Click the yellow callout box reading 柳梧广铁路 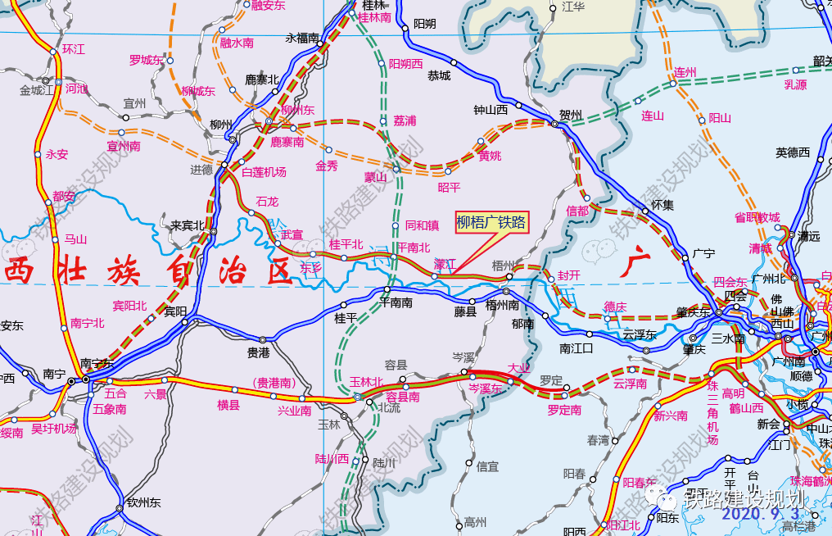491,222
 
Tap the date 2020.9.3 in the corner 761,514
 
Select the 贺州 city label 570,115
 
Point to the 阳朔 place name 424,23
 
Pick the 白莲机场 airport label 264,172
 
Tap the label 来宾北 187,225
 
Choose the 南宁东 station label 98,363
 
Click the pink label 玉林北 366,382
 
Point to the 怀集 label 662,205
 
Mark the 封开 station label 568,275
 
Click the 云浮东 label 640,334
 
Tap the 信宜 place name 487,466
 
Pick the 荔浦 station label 405,120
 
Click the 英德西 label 793,152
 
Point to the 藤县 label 465,311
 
